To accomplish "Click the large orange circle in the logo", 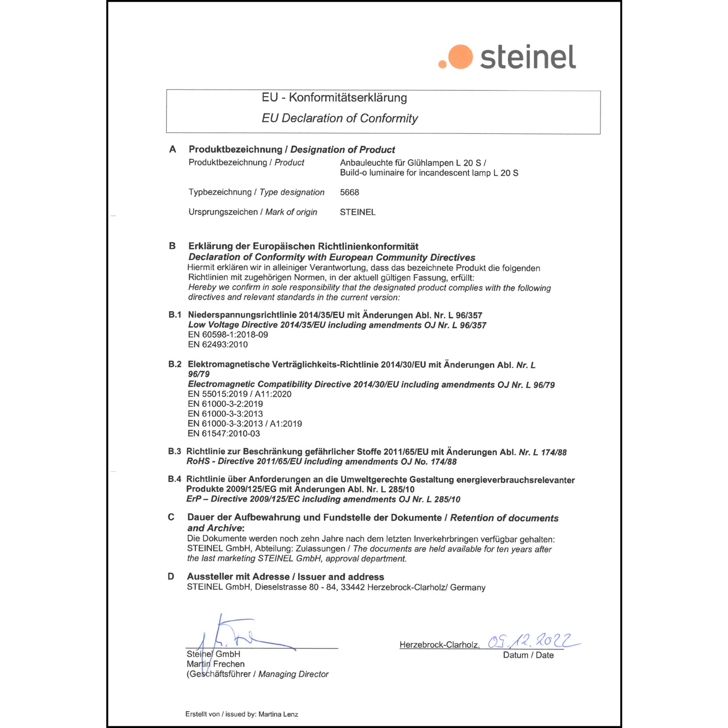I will click(x=460, y=57).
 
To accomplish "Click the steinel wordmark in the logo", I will click(x=528, y=57).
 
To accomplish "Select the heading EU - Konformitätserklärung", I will click(x=334, y=98).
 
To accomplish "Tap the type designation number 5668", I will click(x=349, y=192).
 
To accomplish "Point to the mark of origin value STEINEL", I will click(x=358, y=212).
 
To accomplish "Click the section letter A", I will click(x=172, y=149).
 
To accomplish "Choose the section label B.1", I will click(x=175, y=315).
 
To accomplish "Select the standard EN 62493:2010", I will click(x=218, y=345).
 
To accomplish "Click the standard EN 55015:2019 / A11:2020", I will click(x=240, y=394).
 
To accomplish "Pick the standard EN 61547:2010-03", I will click(x=224, y=433).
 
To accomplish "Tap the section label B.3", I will click(x=174, y=451).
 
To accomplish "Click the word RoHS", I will click(x=199, y=462).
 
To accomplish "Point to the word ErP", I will click(x=194, y=499).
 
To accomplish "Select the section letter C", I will click(x=171, y=517).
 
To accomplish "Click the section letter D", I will click(x=171, y=577).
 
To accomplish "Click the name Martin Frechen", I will click(x=215, y=664).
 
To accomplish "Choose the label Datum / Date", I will click(x=528, y=655).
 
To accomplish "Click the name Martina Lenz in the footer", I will click(x=278, y=714).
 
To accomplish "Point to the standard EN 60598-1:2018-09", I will click(x=228, y=335).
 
